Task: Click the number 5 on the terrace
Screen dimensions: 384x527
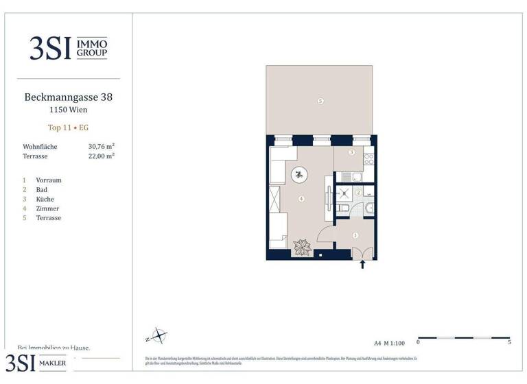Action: (320, 101)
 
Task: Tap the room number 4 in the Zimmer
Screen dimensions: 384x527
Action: (301, 199)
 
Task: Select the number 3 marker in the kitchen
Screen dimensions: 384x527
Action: (351, 152)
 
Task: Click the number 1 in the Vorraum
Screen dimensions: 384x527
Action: (355, 235)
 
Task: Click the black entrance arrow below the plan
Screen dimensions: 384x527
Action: (362, 265)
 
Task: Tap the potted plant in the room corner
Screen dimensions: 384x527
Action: (301, 247)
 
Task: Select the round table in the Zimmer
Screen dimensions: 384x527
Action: (300, 175)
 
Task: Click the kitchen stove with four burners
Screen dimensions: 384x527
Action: (368, 159)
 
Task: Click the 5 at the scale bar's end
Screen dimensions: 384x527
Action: (509, 341)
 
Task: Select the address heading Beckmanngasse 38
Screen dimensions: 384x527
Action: (68, 97)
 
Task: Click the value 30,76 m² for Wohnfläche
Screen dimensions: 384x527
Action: (101, 147)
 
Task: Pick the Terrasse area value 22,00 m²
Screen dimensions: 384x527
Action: (101, 156)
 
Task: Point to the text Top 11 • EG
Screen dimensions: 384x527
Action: (68, 128)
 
